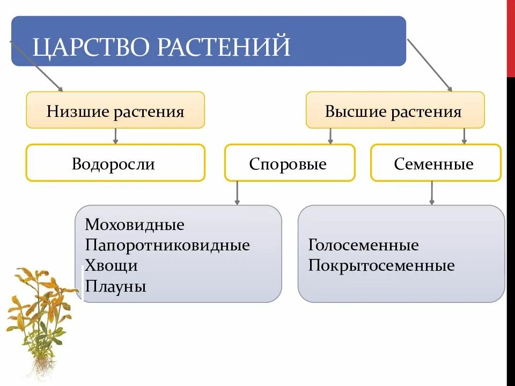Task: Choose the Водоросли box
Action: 115,163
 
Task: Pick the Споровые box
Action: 289,163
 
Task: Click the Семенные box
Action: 435,163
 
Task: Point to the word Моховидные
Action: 134,225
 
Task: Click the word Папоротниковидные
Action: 167,245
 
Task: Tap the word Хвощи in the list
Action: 111,265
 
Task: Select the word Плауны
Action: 115,286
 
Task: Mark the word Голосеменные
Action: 363,246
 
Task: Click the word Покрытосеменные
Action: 381,266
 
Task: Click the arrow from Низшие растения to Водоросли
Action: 115,136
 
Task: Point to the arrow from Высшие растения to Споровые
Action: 330,136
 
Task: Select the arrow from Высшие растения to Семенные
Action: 465,136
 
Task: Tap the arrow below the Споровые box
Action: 238,193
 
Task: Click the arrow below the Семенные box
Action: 432,193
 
